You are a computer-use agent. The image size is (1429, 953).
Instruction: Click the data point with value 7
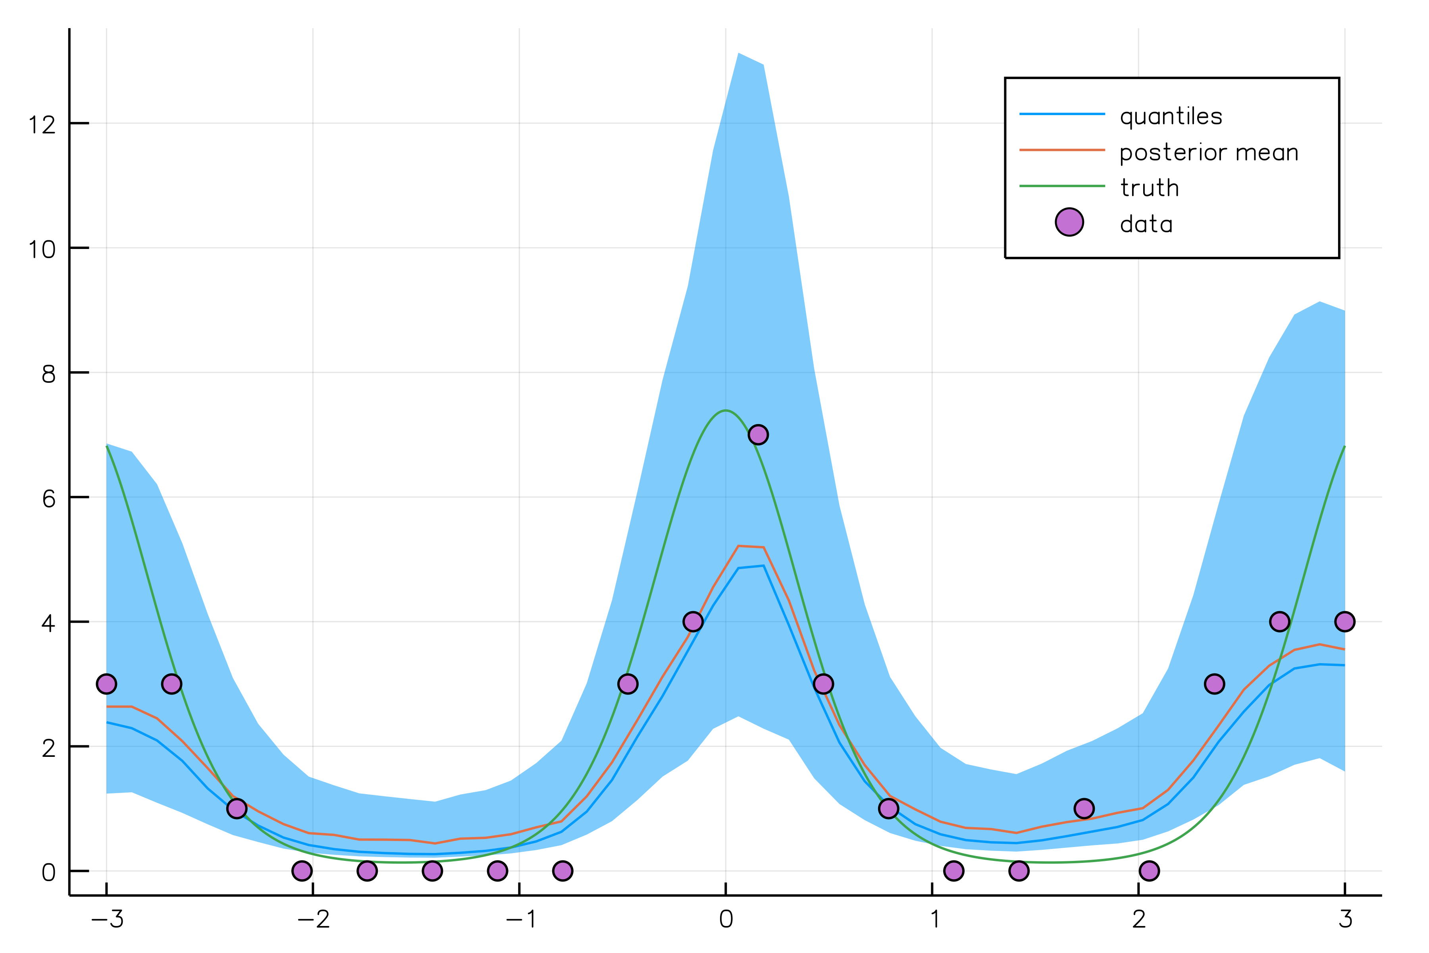coord(758,434)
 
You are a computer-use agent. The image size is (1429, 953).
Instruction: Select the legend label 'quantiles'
coord(1171,116)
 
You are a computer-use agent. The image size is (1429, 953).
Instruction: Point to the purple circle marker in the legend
coord(1069,222)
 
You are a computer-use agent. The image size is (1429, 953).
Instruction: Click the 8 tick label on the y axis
coord(48,374)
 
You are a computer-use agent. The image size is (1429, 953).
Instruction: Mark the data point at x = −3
coord(106,684)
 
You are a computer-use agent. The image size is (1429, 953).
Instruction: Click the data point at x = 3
coord(1344,621)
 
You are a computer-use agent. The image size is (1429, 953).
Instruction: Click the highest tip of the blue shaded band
coord(738,54)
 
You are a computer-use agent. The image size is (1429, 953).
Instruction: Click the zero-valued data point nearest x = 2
coord(1149,870)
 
